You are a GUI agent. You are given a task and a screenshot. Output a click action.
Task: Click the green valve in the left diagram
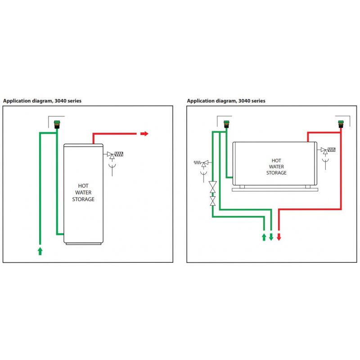tap(57, 123)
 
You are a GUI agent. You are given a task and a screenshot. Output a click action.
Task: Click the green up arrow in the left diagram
tap(40, 251)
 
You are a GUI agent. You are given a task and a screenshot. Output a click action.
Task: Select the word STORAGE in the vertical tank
tap(83, 199)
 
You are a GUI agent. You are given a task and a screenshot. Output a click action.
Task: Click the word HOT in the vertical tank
tap(83, 185)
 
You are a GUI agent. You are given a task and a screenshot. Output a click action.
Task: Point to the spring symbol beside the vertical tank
tap(119, 154)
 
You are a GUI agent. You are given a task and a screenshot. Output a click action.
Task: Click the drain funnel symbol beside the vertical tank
tap(111, 171)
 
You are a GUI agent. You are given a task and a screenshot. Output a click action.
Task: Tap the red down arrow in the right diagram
tap(279, 237)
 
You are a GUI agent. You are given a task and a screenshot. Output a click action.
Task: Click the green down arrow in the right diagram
tap(271, 237)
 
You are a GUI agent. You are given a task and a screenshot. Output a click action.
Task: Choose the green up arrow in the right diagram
tap(264, 237)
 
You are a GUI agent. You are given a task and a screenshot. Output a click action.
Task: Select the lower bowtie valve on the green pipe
tap(212, 200)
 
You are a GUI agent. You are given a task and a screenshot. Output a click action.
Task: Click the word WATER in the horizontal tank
tap(276, 166)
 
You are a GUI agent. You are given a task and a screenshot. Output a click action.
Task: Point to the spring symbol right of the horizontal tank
tap(332, 150)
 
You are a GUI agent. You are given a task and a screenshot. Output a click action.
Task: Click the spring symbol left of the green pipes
tap(197, 162)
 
